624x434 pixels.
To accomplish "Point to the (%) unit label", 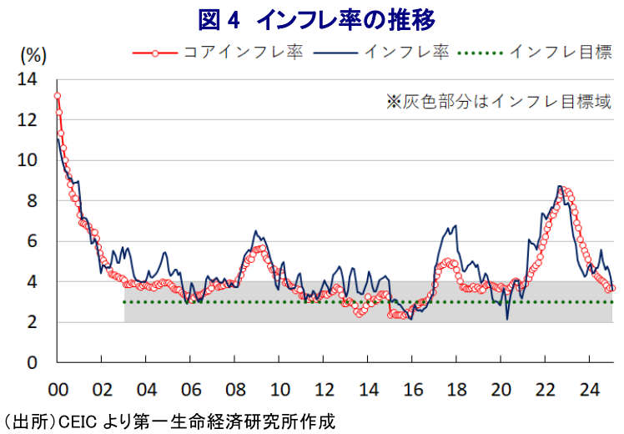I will [x=32, y=57].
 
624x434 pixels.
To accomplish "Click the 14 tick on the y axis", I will [x=28, y=80].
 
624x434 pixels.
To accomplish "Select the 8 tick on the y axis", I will [x=32, y=201].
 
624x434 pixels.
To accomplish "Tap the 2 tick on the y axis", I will [x=32, y=323].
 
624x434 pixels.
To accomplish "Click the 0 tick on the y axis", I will [x=32, y=363].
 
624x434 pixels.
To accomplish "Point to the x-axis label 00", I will [x=58, y=390].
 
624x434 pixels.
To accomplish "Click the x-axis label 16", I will [x=412, y=390].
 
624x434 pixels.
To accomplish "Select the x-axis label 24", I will [x=589, y=390].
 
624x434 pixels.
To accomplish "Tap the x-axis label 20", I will [x=501, y=390].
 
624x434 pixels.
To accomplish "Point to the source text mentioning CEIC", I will [x=167, y=421].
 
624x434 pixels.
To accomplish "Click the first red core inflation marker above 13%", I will [x=57, y=96].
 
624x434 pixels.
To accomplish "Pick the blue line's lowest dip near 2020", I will [x=507, y=319].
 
